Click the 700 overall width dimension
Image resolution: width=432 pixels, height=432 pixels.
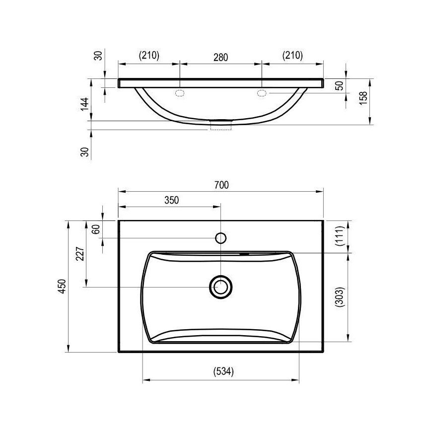tap(221, 185)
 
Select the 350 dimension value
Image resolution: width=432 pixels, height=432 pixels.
tap(172, 200)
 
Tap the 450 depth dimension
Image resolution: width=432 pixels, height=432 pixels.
tap(63, 286)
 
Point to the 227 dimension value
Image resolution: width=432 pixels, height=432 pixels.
tap(80, 254)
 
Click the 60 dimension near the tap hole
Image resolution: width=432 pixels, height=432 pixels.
tap(96, 229)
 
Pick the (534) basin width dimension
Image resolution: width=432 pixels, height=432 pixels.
tap(223, 371)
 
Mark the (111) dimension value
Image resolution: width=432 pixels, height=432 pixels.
tap(340, 236)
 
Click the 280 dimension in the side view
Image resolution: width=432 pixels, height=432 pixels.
tap(220, 57)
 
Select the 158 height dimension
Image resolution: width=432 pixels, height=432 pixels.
tap(363, 98)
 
